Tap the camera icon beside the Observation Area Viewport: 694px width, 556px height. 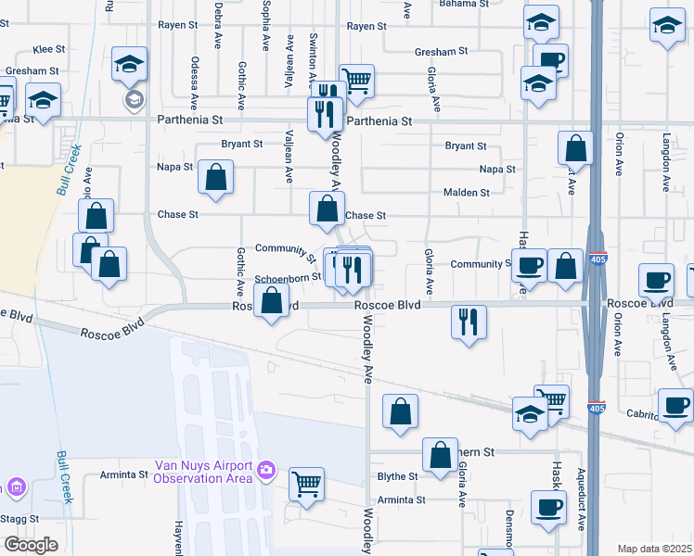point(267,471)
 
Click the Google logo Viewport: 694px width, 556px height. point(31,545)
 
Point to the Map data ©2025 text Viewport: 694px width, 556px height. point(654,549)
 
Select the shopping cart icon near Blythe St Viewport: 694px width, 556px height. point(307,483)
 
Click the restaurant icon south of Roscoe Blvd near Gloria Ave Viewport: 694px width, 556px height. point(468,322)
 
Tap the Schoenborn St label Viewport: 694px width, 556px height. point(288,277)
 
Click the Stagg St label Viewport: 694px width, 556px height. point(20,520)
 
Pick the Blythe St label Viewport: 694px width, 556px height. point(398,476)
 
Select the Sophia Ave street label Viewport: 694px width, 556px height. point(265,18)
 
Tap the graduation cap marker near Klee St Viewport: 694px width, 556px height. point(130,65)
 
